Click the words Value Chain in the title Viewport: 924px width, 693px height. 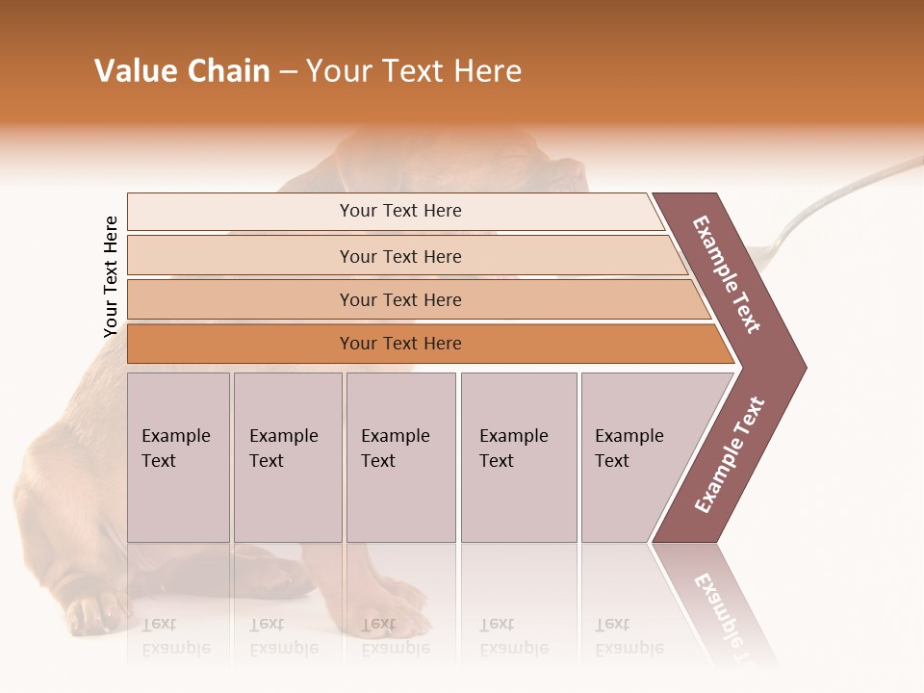click(182, 71)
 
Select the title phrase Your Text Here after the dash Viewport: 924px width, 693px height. click(414, 71)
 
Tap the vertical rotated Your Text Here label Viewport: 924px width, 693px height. click(111, 276)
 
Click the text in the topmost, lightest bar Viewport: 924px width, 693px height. click(400, 211)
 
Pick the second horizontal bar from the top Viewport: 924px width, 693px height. click(400, 256)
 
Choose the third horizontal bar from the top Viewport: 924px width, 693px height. click(400, 300)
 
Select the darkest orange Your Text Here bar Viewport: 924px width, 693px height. click(400, 344)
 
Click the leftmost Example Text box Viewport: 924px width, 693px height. click(178, 457)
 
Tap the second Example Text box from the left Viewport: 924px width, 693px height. click(287, 457)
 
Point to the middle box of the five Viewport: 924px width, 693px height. click(400, 457)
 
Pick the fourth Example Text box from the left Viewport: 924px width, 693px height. click(518, 457)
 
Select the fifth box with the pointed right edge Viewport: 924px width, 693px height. click(640, 457)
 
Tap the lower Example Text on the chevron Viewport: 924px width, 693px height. click(730, 454)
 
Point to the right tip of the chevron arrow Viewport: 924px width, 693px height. click(804, 368)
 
